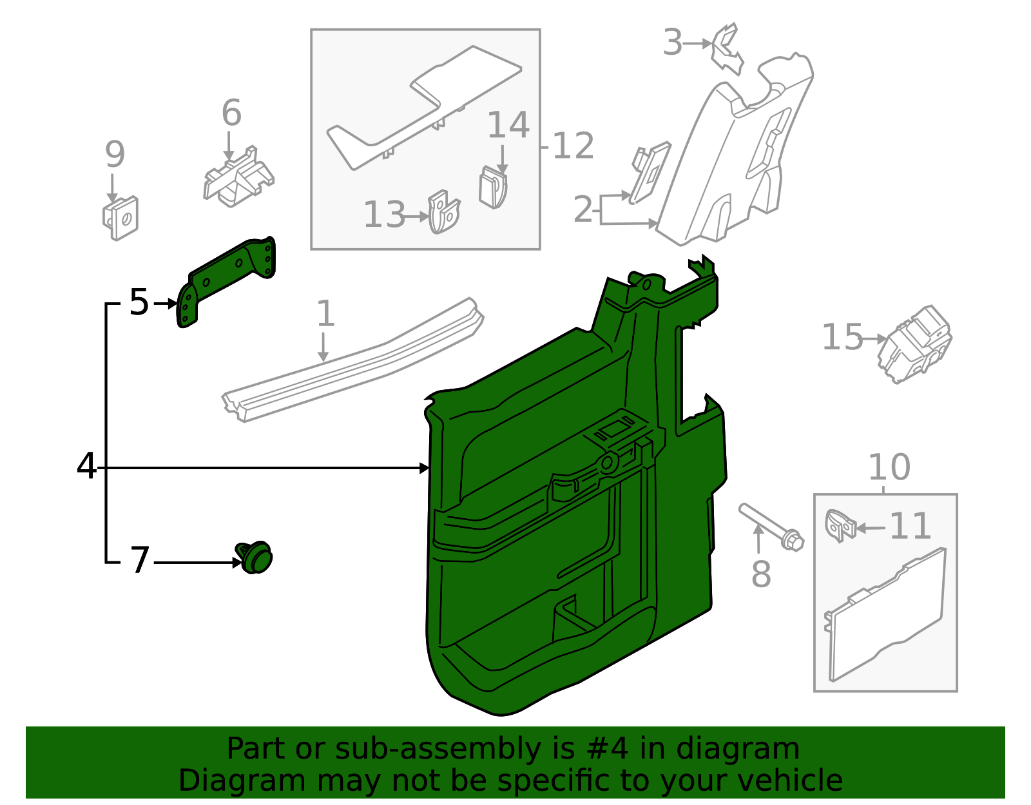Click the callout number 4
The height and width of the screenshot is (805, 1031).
pos(86,466)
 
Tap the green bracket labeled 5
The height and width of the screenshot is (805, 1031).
pos(226,277)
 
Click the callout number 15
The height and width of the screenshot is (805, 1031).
pos(842,337)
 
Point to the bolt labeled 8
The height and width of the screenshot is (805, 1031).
pos(770,525)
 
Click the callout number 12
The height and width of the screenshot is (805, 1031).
pos(573,146)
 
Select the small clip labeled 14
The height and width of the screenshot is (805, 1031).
pos(493,188)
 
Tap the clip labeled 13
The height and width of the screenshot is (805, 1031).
pos(444,213)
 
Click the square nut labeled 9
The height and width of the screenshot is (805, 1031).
pos(121,218)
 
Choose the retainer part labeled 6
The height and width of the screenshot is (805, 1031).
pos(238,179)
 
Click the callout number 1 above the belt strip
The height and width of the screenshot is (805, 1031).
pos(325,314)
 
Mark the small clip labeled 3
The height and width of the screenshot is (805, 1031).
pos(726,48)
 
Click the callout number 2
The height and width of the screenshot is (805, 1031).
pos(583,209)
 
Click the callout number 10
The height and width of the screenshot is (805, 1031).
pos(889,467)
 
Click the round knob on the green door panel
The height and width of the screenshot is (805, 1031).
pos(608,463)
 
